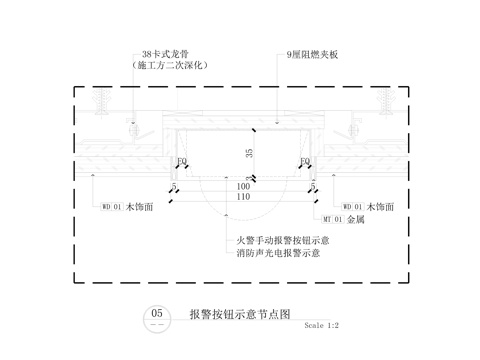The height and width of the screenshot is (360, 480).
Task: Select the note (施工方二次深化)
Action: tap(168, 65)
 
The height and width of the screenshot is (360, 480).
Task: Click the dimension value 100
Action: tap(243, 186)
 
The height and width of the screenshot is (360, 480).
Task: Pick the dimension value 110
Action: tap(243, 197)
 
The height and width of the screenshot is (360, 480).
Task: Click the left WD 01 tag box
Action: tap(111, 207)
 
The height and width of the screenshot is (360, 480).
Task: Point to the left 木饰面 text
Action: tap(138, 207)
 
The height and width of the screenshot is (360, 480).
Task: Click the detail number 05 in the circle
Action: tap(157, 314)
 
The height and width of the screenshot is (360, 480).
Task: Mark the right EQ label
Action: tap(303, 160)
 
